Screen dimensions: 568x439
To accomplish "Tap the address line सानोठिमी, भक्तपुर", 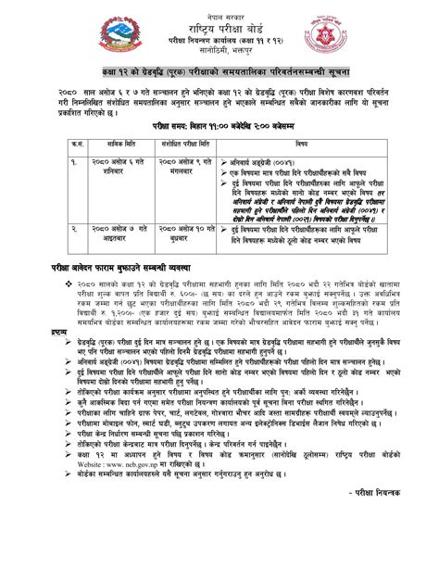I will [219, 53].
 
